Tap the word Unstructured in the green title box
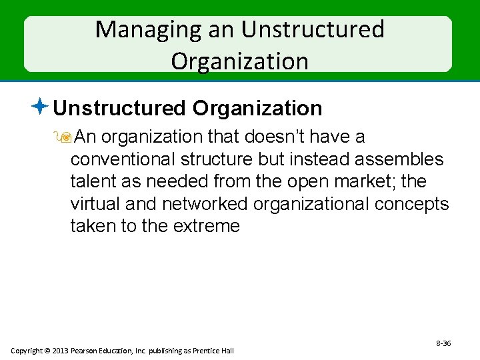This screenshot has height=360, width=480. pyautogui.click(x=313, y=30)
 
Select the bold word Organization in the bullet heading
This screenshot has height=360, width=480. pyautogui.click(x=257, y=108)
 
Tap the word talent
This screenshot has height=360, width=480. pyautogui.click(x=93, y=181)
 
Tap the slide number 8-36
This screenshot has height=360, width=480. pyautogui.click(x=443, y=343)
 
